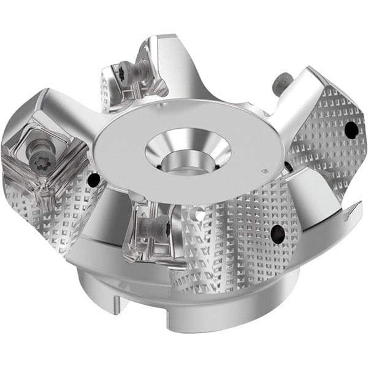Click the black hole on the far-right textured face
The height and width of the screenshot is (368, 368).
(351, 129)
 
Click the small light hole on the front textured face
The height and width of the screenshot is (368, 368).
(198, 215)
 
